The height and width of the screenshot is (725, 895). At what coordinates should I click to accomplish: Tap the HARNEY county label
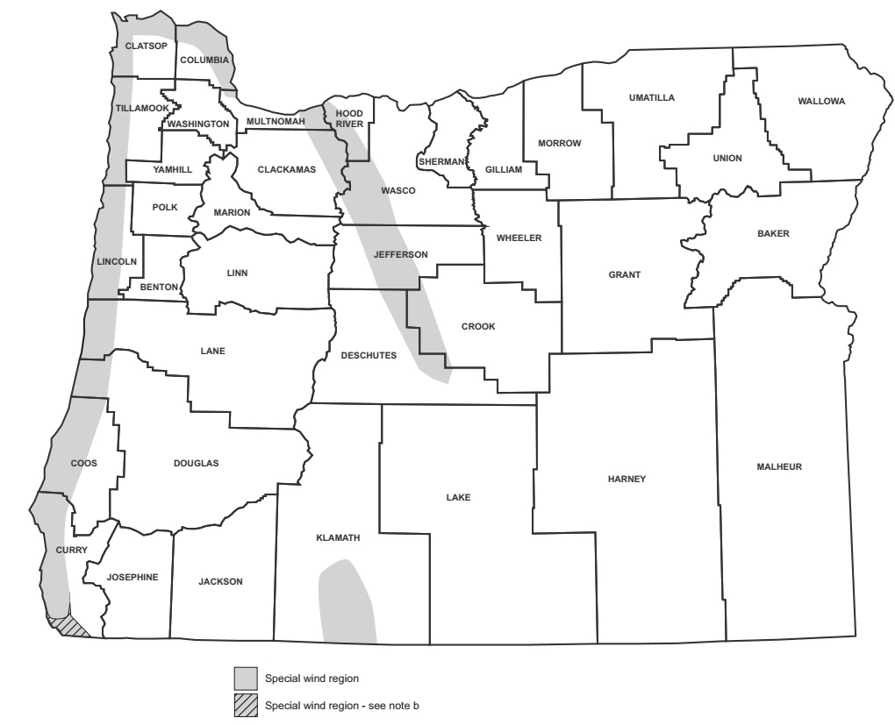tap(626, 479)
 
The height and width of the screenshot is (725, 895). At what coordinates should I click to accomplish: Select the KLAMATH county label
tap(338, 538)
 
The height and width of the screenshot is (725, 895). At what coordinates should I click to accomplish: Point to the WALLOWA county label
tap(821, 102)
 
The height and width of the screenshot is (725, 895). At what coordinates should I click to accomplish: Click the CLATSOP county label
tap(146, 46)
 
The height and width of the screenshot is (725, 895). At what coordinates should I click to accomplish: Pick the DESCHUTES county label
tap(369, 355)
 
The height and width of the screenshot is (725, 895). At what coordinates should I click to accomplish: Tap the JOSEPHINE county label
tap(132, 577)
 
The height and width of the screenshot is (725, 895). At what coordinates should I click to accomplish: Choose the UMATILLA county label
tap(652, 97)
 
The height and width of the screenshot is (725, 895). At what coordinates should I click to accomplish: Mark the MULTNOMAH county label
tap(276, 121)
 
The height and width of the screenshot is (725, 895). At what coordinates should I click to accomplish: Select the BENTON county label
tap(159, 287)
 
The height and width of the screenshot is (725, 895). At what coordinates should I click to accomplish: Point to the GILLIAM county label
tap(503, 169)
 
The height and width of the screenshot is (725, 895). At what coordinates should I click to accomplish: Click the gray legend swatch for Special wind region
tap(246, 678)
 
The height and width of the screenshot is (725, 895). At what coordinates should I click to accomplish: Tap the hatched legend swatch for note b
tap(246, 705)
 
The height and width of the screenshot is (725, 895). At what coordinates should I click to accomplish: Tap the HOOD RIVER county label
tap(349, 118)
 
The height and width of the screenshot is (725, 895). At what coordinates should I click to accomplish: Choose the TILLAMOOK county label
tap(140, 108)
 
